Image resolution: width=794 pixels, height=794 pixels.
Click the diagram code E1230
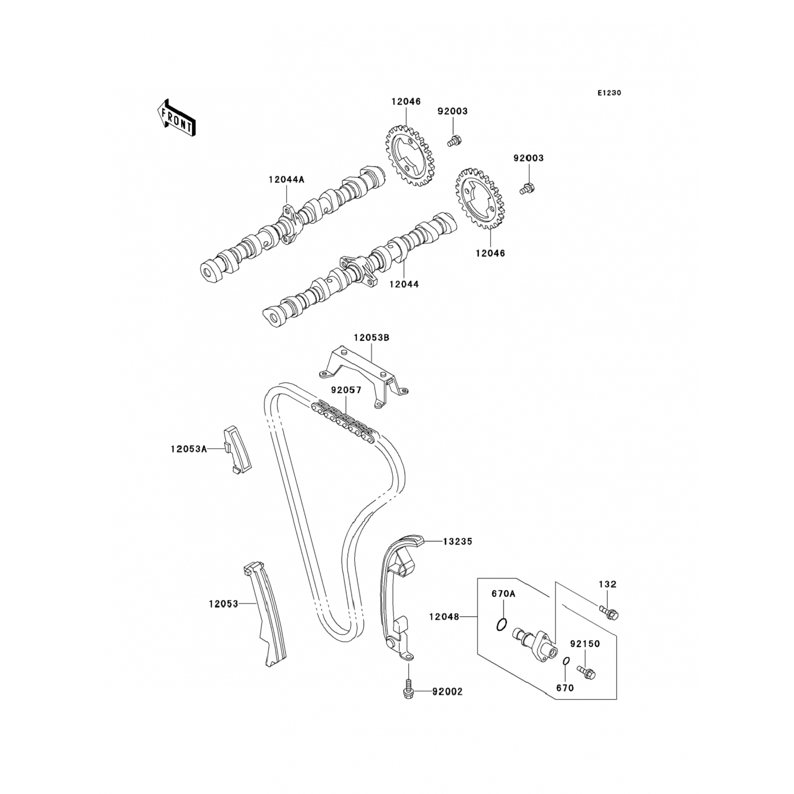click(x=609, y=93)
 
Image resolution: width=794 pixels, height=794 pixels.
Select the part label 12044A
click(x=286, y=179)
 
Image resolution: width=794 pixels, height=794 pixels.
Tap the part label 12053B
click(x=372, y=338)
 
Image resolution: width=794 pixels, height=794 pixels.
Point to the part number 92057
click(x=346, y=390)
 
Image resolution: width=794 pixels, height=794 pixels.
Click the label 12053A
click(x=188, y=449)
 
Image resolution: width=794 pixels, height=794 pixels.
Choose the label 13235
click(x=457, y=542)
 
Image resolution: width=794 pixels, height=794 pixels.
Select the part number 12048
click(x=444, y=617)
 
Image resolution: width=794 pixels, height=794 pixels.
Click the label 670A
click(x=503, y=594)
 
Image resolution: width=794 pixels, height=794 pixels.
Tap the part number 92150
click(x=585, y=644)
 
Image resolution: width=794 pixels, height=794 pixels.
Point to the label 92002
click(x=447, y=692)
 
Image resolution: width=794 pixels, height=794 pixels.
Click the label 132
click(x=608, y=584)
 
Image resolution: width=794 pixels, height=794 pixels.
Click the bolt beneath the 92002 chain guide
click(x=408, y=688)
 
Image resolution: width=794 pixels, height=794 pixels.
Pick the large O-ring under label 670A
click(x=502, y=625)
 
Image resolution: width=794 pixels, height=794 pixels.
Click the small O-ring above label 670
click(x=565, y=662)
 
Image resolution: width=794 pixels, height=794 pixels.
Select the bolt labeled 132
click(x=609, y=613)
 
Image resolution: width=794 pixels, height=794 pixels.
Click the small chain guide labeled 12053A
click(x=238, y=449)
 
